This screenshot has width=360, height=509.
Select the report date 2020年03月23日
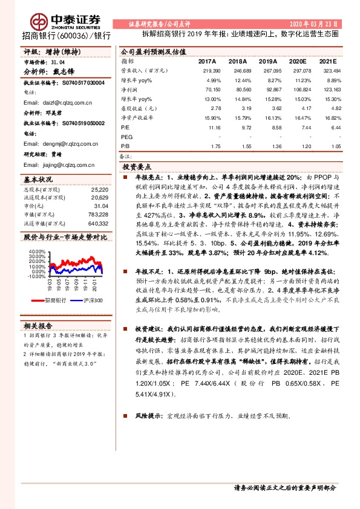326,24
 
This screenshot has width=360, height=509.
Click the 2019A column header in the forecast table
267,62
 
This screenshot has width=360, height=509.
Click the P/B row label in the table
125,146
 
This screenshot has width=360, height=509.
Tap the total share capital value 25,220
99,190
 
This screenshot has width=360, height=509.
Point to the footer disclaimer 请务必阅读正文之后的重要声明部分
285,487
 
